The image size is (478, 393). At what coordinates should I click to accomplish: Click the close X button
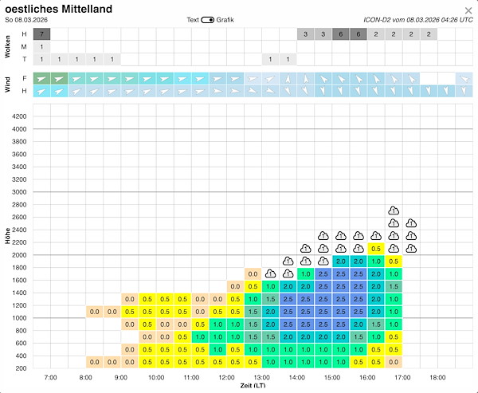pyautogui.click(x=468, y=10)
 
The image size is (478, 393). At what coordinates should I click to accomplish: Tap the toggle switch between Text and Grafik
pyautogui.click(x=208, y=20)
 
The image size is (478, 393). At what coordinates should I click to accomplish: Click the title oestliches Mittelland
pyautogui.click(x=58, y=9)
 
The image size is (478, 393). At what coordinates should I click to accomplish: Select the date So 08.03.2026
pyautogui.click(x=26, y=20)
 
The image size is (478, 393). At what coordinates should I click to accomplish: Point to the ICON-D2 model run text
pyautogui.click(x=418, y=20)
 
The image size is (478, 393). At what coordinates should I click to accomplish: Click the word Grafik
pyautogui.click(x=225, y=20)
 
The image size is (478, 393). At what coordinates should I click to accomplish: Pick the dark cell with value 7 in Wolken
pyautogui.click(x=41, y=34)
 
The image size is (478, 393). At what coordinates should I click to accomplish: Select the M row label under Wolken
pyautogui.click(x=24, y=47)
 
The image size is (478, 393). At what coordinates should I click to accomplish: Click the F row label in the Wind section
pyautogui.click(x=24, y=78)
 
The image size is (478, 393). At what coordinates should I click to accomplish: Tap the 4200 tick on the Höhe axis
pyautogui.click(x=19, y=116)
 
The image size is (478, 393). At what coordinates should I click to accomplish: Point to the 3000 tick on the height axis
pyautogui.click(x=19, y=192)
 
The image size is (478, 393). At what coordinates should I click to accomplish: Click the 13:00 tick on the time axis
pyautogui.click(x=261, y=378)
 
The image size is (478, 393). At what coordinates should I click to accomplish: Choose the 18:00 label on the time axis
pyautogui.click(x=437, y=378)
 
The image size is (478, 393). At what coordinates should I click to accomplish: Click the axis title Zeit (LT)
pyautogui.click(x=253, y=386)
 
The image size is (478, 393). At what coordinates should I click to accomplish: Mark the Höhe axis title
pyautogui.click(x=8, y=236)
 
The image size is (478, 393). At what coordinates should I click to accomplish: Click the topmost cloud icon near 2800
pyautogui.click(x=394, y=210)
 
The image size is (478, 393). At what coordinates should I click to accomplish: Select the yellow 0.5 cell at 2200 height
pyautogui.click(x=376, y=249)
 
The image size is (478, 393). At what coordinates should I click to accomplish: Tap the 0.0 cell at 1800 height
pyautogui.click(x=253, y=274)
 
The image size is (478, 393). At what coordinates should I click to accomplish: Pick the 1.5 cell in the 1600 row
pyautogui.click(x=394, y=286)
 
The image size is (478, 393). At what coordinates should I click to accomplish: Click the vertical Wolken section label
pyautogui.click(x=8, y=47)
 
